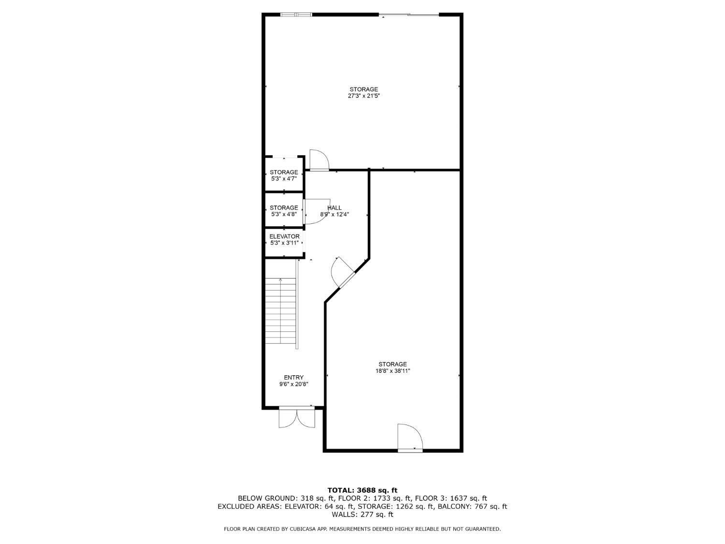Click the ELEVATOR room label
(284, 236)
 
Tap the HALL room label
(334, 208)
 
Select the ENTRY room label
(293, 378)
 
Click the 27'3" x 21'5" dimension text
(363, 96)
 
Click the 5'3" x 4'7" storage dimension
(284, 178)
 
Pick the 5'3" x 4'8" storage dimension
(284, 214)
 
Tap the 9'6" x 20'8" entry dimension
(293, 384)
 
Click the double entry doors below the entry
(297, 417)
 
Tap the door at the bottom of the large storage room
(410, 438)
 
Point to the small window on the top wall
(296, 15)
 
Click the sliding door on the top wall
(409, 15)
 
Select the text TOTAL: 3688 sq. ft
(362, 490)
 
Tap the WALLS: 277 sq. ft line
(362, 515)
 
